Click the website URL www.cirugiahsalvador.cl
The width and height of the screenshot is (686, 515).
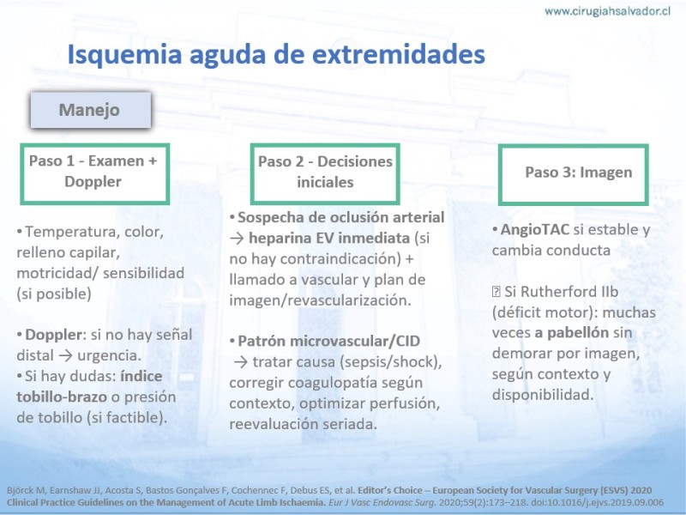click(x=607, y=11)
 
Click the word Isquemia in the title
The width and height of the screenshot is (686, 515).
click(x=124, y=55)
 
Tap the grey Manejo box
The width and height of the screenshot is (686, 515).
click(x=91, y=110)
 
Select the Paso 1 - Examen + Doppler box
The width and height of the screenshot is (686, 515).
click(x=94, y=174)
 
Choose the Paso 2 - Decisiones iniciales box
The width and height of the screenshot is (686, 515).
click(x=325, y=174)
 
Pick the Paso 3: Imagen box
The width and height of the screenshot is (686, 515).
click(x=573, y=175)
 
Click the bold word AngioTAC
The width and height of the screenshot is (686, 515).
click(x=534, y=229)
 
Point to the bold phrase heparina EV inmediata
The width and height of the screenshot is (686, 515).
click(x=329, y=238)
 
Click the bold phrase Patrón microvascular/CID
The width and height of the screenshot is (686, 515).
click(x=328, y=341)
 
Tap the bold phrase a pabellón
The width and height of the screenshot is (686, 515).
click(x=572, y=333)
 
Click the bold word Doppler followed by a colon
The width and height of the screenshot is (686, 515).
click(x=55, y=335)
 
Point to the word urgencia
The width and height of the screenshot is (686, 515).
click(x=110, y=355)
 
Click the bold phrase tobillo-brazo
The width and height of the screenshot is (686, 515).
click(x=62, y=397)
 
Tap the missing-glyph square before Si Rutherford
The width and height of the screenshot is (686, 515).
click(x=496, y=292)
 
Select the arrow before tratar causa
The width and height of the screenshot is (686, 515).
click(x=241, y=361)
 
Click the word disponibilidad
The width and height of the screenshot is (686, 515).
click(x=543, y=395)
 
